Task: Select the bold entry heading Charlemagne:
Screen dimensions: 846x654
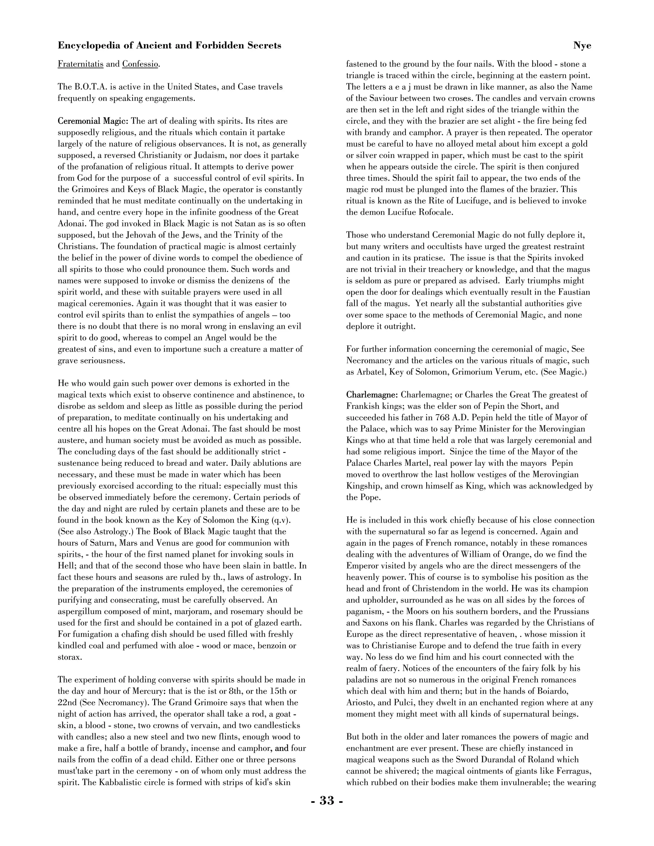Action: click(x=372, y=395)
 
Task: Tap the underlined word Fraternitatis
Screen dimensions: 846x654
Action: click(x=80, y=64)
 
